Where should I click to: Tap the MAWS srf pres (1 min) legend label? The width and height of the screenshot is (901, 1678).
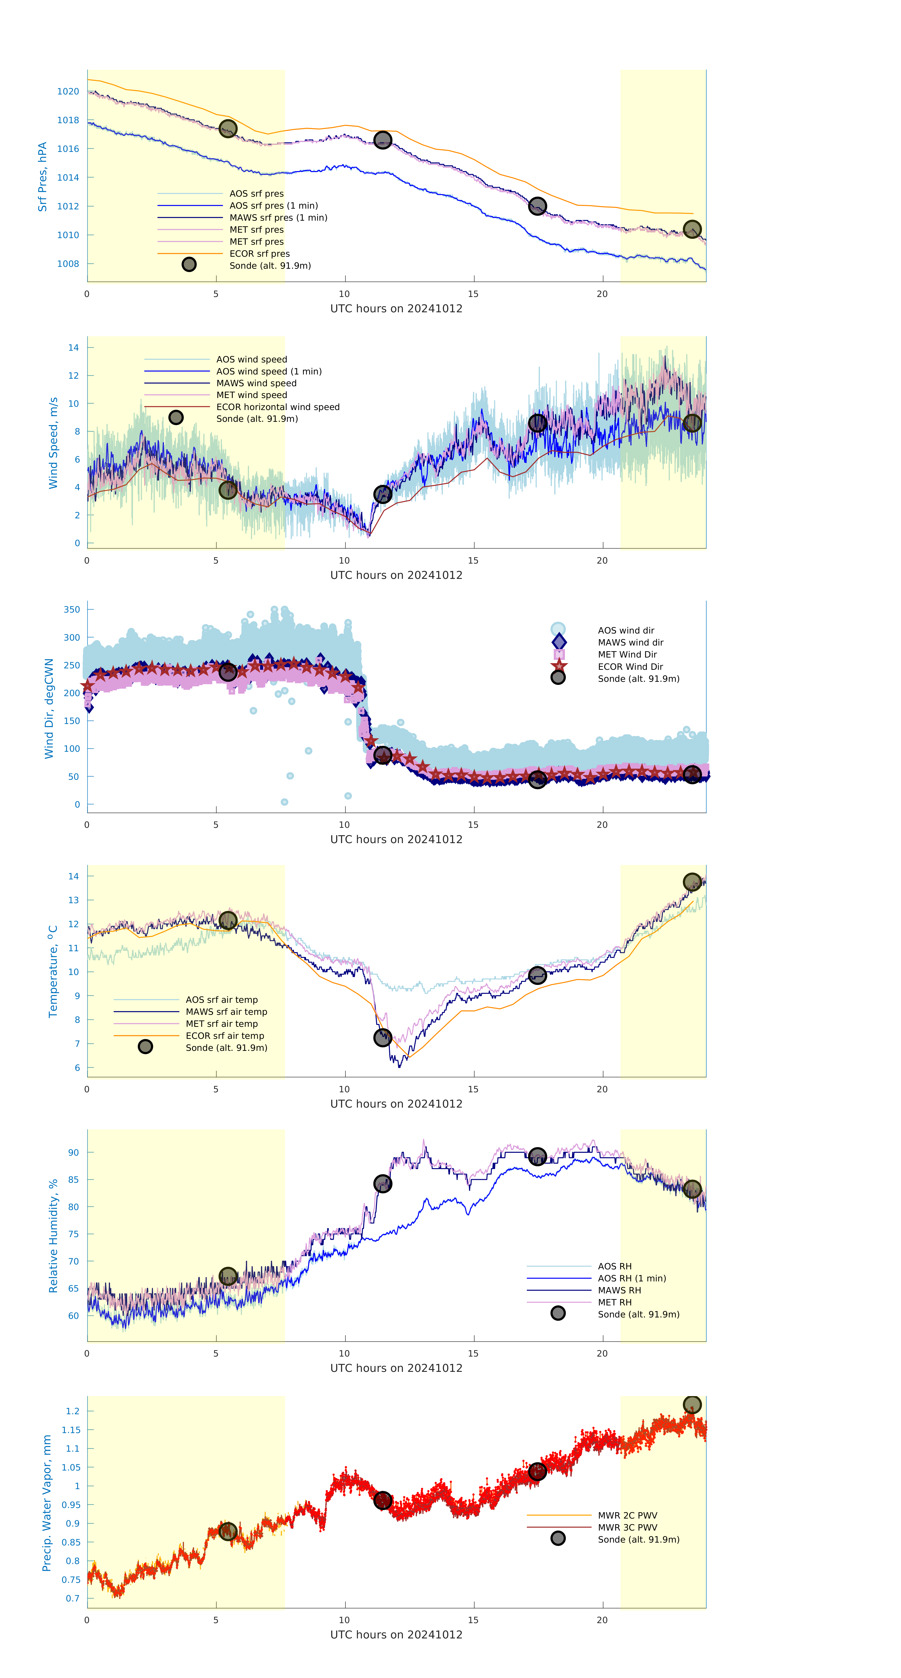click(x=278, y=218)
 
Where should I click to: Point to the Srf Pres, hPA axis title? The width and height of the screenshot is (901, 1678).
click(x=42, y=177)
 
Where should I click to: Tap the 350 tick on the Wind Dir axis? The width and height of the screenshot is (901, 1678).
click(x=72, y=610)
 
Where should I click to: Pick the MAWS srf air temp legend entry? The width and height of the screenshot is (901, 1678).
click(x=226, y=1012)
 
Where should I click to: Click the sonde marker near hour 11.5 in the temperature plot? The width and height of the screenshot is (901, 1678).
click(x=382, y=1038)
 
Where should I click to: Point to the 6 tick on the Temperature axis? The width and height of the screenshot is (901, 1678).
click(x=77, y=1068)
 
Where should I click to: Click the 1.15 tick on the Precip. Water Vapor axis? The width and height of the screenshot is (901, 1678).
click(x=71, y=1430)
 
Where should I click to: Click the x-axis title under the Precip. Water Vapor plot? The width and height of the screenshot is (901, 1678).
click(x=396, y=1634)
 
